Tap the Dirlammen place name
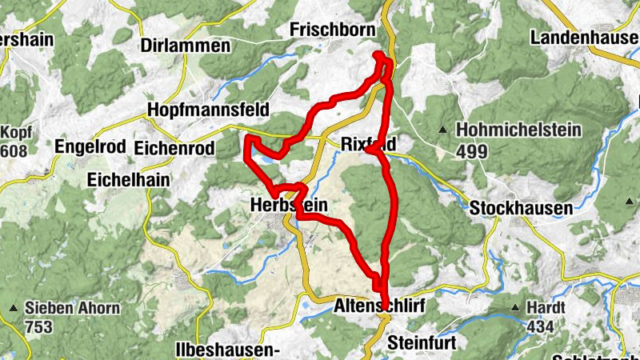coord(185,46)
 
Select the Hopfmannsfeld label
coord(207,110)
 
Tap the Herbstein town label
coord(289,206)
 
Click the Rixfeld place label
coord(369,145)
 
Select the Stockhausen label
coord(522,208)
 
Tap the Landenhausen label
coord(585,38)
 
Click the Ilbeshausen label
coord(226,350)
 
